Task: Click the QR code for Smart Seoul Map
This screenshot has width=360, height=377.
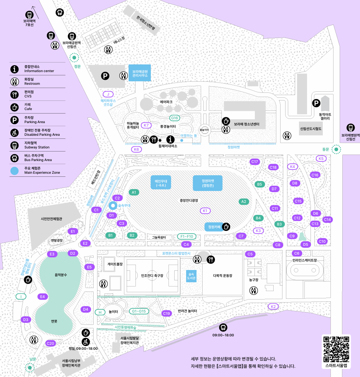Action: tap(336, 349)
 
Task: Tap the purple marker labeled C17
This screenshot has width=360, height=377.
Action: tap(254, 162)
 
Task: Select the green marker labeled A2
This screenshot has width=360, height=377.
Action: tap(243, 201)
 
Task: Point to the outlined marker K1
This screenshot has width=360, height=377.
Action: tap(205, 211)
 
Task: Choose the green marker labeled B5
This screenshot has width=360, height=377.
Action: tap(259, 184)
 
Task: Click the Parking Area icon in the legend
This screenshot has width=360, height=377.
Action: tap(15, 120)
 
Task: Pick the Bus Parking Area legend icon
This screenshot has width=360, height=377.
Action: tap(15, 158)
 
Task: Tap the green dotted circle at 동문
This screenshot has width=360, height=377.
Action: tap(336, 149)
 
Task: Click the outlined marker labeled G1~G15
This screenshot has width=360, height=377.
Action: tap(139, 311)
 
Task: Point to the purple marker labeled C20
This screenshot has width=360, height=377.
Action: tap(50, 343)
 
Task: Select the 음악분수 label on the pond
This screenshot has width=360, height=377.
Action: tap(61, 275)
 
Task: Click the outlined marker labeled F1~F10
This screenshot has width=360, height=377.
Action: tap(187, 236)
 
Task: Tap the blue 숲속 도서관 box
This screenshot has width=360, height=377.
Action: tap(191, 275)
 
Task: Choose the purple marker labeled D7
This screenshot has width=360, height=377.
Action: tap(274, 189)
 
